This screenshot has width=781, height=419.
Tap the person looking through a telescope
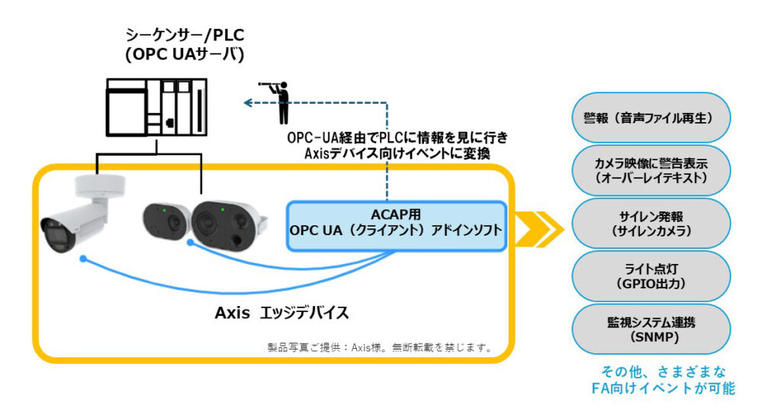coord(279,101)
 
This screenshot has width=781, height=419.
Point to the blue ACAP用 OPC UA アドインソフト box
coord(396,226)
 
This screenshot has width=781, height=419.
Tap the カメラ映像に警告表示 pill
coord(651,170)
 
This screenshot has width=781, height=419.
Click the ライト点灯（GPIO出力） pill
coord(651,276)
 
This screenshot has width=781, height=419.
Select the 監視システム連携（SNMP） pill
coord(651,329)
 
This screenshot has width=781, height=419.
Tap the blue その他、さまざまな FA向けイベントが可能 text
coord(663,379)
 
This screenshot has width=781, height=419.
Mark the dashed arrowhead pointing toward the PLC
coord(246,102)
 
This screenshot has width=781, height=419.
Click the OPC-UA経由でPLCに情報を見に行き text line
coord(397,138)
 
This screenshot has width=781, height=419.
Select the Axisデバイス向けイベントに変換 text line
coord(397,153)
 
